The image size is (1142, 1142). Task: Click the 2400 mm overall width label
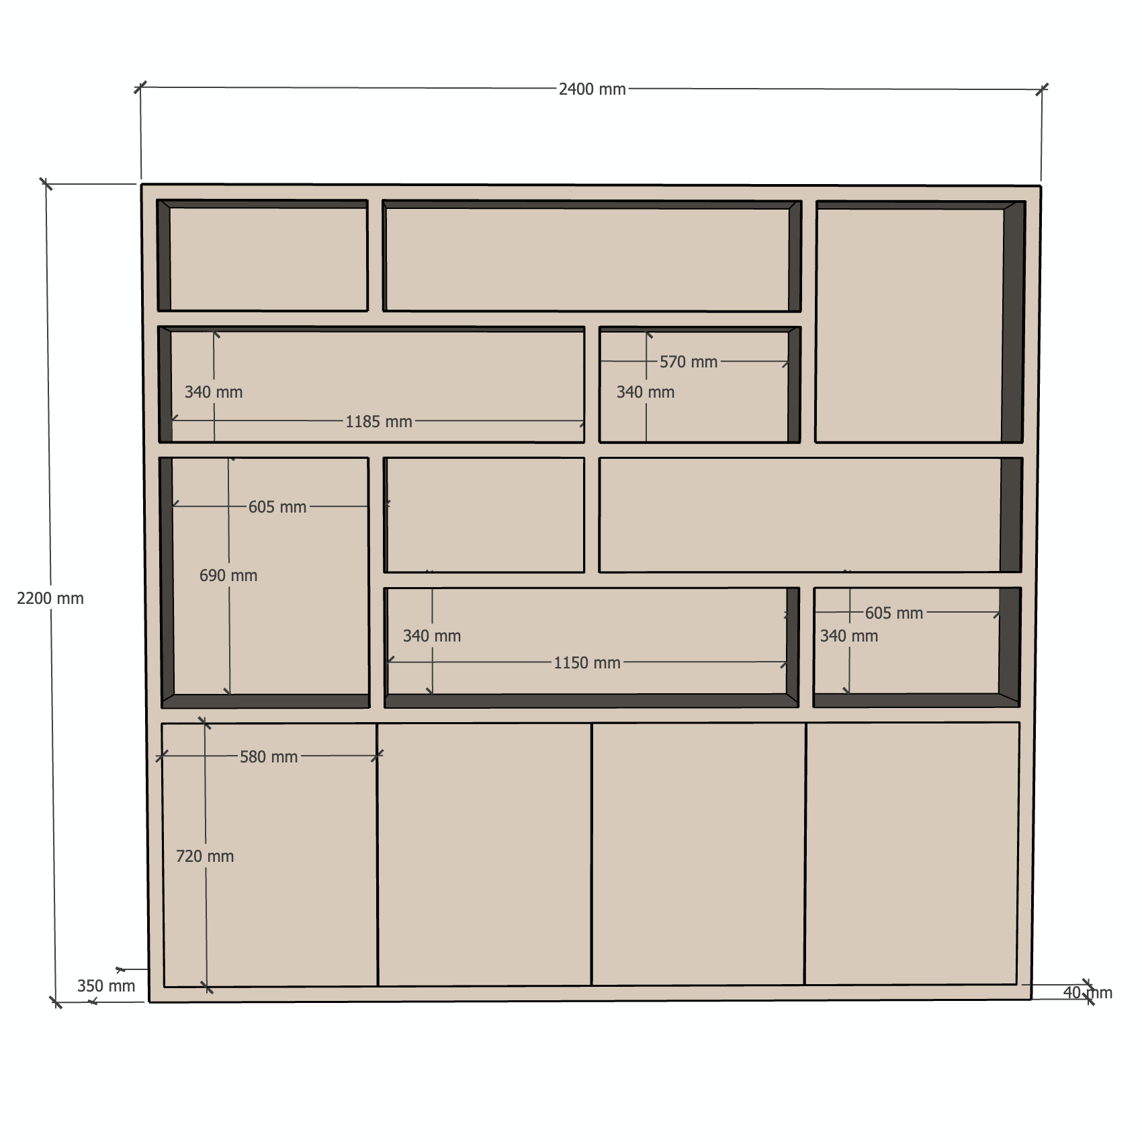pos(592,89)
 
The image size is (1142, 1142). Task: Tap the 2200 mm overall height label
pos(50,599)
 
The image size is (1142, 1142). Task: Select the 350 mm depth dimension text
pos(106,986)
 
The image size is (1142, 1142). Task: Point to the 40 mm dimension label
pos(1088,993)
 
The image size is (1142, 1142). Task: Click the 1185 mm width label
pos(379,422)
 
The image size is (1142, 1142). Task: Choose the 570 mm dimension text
pos(689,362)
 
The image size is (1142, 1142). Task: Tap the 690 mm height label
pos(228,576)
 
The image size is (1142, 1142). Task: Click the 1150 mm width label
pos(587,663)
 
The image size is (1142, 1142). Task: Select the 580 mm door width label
pos(269,757)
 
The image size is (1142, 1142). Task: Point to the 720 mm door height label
pos(205,856)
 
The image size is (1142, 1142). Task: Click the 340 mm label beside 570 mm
pos(646,392)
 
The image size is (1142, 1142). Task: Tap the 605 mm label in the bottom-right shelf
pos(894,613)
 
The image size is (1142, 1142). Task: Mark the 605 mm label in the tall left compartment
pos(277,507)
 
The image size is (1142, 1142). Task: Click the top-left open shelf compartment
pos(263,256)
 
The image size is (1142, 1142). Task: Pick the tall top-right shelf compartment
pos(920,322)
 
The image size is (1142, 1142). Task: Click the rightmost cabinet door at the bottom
pos(912,854)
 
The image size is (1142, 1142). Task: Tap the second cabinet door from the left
pos(484,854)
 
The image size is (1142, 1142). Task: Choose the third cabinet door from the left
pos(698,854)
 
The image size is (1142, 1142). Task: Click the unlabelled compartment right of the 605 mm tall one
pos(484,515)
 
